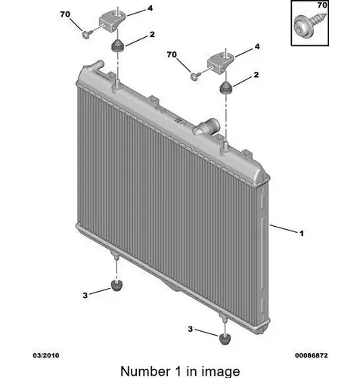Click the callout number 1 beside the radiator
pos(302,234)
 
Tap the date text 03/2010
pos(46,355)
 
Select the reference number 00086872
pos(312,355)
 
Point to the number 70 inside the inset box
pos(322,5)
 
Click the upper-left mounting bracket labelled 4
pos(112,21)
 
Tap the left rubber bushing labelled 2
pos(117,45)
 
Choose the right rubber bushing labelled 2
pos(226,88)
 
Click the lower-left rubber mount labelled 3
pos(116,286)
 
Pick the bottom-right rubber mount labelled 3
pos(225,339)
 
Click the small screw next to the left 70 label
pos(88,34)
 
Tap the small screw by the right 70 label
pos(196,76)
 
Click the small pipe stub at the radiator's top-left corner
pos(97,64)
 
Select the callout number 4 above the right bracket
pos(257,47)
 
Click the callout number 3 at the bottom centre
pos(191,329)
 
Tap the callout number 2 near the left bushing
pos(152,34)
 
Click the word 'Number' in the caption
pos(145,371)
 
